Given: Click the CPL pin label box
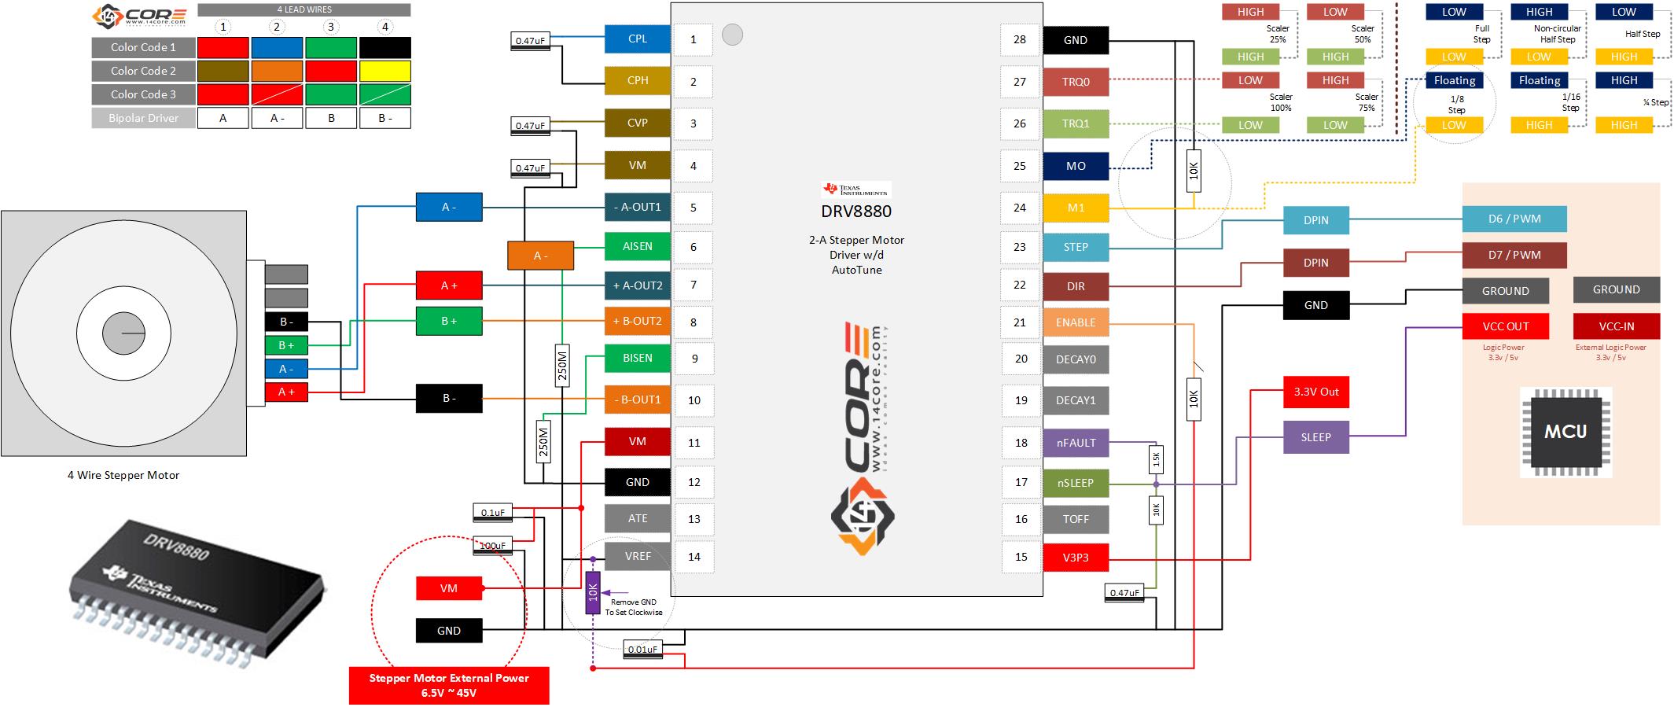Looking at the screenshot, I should point(637,39).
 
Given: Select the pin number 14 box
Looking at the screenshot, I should point(694,557).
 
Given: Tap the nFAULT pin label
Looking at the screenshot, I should point(1075,443).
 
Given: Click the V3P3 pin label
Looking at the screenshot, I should point(1075,558).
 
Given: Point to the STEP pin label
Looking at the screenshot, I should point(1075,247).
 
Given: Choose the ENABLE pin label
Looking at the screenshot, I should point(1075,322).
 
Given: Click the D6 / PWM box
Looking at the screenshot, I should point(1514,219).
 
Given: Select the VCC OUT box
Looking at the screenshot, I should point(1505,326).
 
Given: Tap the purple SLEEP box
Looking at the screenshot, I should point(1315,437).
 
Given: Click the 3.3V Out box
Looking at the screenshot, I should point(1315,392).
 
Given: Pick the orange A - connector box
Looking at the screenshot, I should point(540,256).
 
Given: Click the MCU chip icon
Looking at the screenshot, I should point(1565,432).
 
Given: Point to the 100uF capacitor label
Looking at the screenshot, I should point(492,545).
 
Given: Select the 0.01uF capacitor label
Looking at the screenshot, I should point(643,650).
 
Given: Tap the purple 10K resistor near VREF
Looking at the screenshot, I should point(593,592).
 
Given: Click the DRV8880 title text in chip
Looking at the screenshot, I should point(856,212).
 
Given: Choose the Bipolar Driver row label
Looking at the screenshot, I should point(143,118).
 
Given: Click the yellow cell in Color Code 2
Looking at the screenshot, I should point(384,71).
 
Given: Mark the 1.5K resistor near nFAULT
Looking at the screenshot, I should point(1156,458).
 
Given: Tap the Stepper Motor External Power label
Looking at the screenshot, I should point(449,685).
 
